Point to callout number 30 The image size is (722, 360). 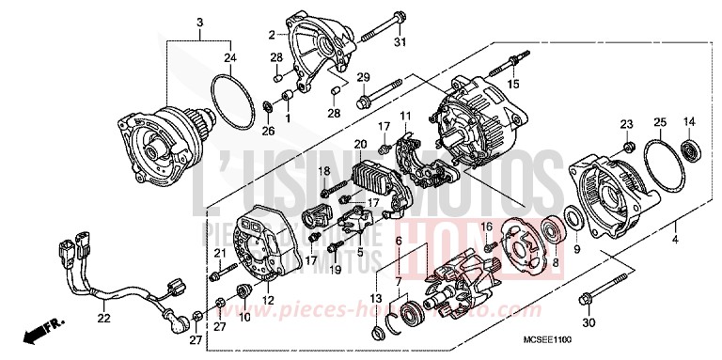coord(589,323)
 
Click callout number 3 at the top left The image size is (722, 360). coord(198,21)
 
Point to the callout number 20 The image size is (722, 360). coord(359,143)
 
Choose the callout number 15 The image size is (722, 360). coord(514,84)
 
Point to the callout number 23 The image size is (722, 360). coord(626,124)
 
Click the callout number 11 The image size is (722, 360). coord(406,115)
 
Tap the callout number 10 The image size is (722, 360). coord(243,317)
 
